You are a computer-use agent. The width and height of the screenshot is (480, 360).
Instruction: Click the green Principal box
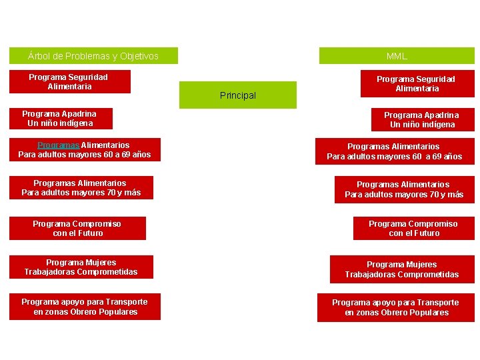tap(238, 95)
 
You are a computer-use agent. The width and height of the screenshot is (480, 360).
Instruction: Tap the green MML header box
tap(397, 56)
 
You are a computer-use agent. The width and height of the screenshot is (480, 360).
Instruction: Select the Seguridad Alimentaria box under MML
tap(417, 83)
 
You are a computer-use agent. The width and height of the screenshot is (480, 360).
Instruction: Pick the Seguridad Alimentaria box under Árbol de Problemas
tap(69, 82)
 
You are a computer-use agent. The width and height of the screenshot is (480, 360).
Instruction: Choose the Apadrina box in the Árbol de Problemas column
tap(61, 119)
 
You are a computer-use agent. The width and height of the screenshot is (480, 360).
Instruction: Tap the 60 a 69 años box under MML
tap(395, 151)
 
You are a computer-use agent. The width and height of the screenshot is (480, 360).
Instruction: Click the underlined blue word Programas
tap(59, 145)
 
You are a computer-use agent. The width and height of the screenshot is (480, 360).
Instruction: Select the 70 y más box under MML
tap(404, 189)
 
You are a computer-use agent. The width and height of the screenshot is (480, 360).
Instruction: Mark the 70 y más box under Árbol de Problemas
tap(81, 188)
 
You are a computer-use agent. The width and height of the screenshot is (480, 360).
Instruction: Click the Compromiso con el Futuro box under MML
tap(413, 229)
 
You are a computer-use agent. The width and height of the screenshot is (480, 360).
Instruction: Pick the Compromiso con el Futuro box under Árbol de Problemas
tap(77, 229)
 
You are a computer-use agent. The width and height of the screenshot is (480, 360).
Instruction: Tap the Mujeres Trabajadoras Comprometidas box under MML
tap(402, 269)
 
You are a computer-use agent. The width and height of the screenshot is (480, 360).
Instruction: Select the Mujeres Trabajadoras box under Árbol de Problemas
tap(81, 267)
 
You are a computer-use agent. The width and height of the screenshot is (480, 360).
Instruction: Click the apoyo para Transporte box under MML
tap(396, 307)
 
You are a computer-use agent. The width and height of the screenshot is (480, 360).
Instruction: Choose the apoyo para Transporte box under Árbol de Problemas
tap(85, 307)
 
